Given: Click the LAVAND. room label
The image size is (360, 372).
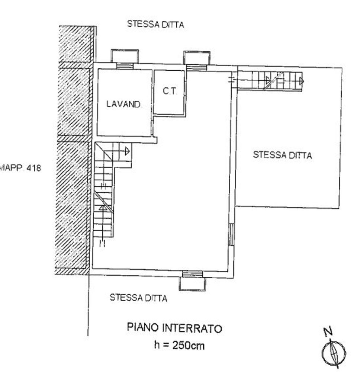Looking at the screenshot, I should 124,105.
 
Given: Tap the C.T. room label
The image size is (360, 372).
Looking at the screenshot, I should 170,91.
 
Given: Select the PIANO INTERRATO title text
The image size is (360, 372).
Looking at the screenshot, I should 174,328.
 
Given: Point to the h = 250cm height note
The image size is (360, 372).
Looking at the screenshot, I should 179,346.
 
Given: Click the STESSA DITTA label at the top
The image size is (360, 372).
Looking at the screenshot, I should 155,25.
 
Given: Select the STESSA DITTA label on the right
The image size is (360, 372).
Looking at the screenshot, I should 282,155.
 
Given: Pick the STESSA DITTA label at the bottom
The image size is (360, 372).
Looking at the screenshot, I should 138,298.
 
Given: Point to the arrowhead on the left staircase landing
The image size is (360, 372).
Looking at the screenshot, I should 127,151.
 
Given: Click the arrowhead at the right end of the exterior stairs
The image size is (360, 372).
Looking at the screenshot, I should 301,81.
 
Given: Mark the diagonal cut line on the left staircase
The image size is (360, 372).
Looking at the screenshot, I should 103,203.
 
